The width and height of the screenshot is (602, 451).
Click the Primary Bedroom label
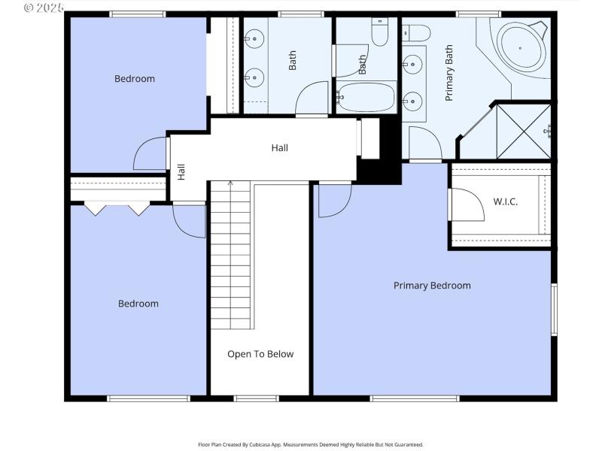pyautogui.click(x=432, y=286)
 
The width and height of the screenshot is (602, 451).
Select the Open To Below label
pyautogui.click(x=260, y=354)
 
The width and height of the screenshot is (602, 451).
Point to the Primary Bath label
pyautogui.click(x=449, y=74)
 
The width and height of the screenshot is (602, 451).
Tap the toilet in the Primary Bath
pyautogui.click(x=415, y=32)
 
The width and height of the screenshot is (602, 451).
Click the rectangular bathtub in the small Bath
pyautogui.click(x=365, y=97)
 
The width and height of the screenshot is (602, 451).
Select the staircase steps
pyautogui.click(x=230, y=256)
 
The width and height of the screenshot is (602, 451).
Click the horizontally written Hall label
pyautogui.click(x=279, y=148)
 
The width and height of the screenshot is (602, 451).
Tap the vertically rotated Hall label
pyautogui.click(x=181, y=172)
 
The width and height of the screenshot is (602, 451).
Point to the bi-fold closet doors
pyautogui.click(x=117, y=208)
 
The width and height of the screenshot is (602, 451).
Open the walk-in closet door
pyautogui.click(x=467, y=205)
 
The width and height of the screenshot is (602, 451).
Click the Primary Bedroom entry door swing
pyautogui.click(x=333, y=201)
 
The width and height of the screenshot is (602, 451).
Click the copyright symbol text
pyautogui.click(x=44, y=8)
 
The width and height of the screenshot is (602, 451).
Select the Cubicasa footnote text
pyautogui.click(x=310, y=444)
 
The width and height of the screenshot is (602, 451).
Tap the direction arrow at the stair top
pyautogui.click(x=230, y=183)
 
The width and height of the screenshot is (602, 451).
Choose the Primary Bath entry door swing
pyautogui.click(x=424, y=143)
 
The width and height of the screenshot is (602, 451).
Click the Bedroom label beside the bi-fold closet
pyautogui.click(x=138, y=304)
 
